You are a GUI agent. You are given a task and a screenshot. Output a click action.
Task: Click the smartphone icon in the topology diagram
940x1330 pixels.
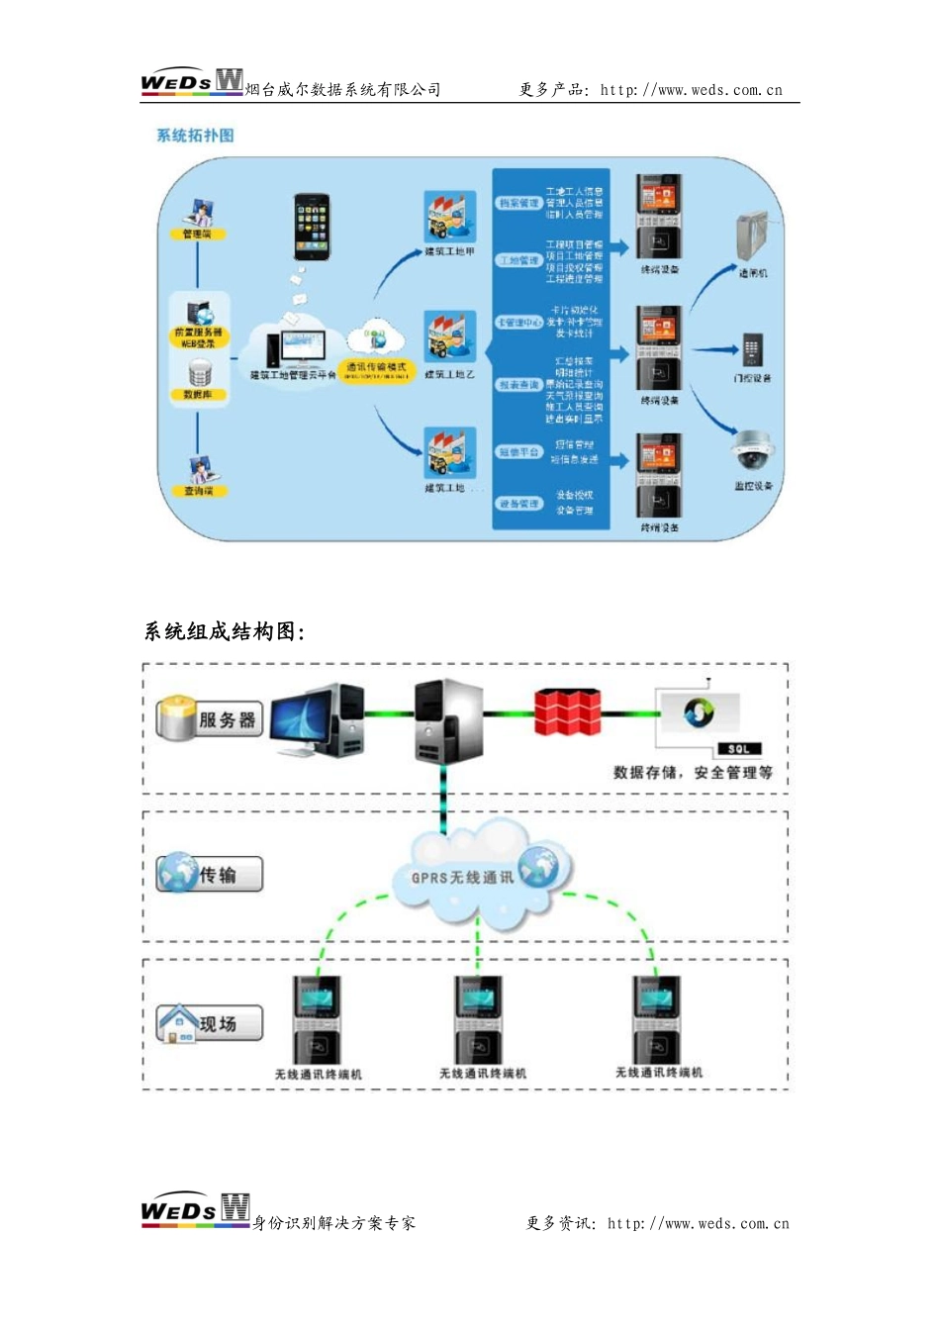[x=311, y=227]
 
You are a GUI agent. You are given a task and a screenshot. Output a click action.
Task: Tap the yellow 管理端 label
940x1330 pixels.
[x=197, y=235]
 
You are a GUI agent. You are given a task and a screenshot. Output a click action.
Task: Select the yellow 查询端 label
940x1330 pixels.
[x=198, y=491]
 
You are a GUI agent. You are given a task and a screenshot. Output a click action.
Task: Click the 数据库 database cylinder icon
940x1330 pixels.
[x=199, y=373]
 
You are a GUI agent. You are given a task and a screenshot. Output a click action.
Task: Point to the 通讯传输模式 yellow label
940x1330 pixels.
[x=376, y=369]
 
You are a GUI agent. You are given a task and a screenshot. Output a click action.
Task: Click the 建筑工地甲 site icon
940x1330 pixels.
[x=450, y=217]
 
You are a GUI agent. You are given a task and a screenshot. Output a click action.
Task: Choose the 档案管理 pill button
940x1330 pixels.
[x=518, y=203]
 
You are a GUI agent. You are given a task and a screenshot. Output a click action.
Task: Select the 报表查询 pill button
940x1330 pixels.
[x=518, y=384]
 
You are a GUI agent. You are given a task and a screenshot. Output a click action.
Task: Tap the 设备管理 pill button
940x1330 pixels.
[x=518, y=504]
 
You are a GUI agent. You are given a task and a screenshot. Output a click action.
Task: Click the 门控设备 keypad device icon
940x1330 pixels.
[x=752, y=349]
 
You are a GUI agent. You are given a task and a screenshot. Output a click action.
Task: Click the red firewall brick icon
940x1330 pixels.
[x=568, y=712]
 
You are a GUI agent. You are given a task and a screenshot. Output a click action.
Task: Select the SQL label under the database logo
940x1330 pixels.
[x=738, y=749]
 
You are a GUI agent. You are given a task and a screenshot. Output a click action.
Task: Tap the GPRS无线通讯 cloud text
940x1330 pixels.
[x=462, y=878]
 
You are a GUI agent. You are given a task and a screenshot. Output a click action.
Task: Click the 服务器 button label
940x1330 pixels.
[x=211, y=719]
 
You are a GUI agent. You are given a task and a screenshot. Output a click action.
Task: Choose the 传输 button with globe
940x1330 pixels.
[x=210, y=875]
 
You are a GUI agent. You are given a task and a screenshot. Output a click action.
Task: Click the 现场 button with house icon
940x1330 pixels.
[x=210, y=1023]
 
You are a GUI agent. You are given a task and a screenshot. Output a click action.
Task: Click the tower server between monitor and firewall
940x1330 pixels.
[x=448, y=719]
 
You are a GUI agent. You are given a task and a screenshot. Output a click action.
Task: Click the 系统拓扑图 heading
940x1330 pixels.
[x=195, y=136]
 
